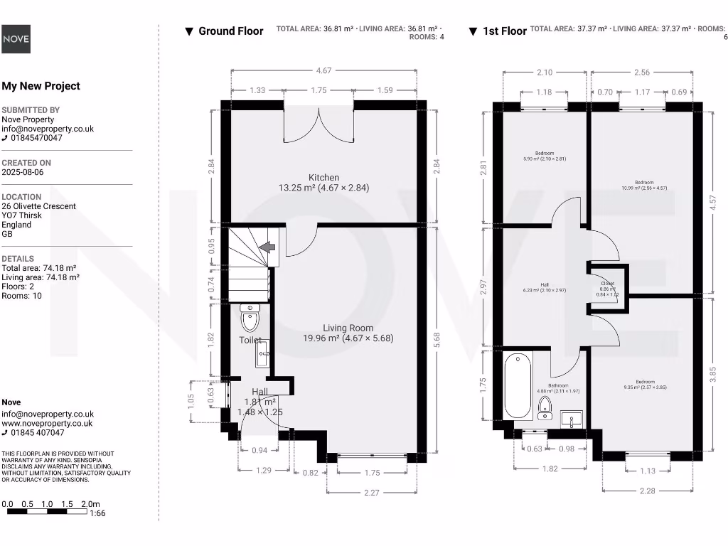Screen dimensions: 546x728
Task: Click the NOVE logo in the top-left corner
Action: click(x=16, y=39)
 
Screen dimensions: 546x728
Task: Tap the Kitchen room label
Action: click(x=323, y=178)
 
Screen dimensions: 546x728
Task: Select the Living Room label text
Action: click(x=348, y=328)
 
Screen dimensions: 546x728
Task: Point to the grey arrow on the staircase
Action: click(x=268, y=247)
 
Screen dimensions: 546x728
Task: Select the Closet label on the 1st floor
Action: click(x=607, y=283)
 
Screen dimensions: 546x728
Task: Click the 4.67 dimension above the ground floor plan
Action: click(x=323, y=70)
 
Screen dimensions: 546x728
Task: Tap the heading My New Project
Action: click(x=41, y=86)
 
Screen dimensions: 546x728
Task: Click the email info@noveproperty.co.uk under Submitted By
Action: click(x=48, y=129)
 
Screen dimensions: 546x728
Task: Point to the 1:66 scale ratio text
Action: click(x=98, y=513)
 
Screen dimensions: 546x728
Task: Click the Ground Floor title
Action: click(x=230, y=31)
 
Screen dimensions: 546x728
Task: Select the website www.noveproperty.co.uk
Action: click(x=47, y=423)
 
